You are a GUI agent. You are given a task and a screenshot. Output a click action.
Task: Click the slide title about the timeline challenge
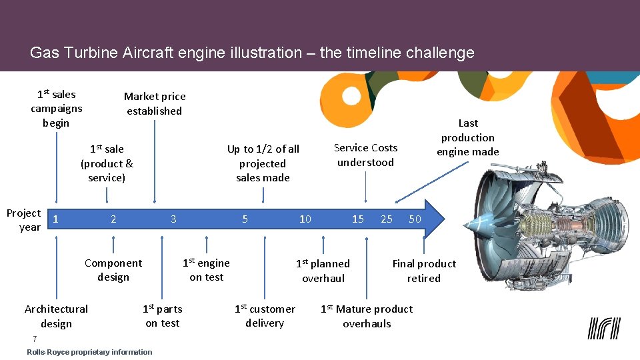tap(252, 53)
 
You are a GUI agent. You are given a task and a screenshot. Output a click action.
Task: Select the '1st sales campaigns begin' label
tap(56, 108)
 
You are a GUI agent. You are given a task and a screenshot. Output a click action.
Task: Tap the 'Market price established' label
tap(155, 104)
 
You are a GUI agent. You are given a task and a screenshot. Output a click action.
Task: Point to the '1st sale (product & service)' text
tap(107, 163)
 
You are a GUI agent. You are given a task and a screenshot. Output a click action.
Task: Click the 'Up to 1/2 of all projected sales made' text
tap(263, 163)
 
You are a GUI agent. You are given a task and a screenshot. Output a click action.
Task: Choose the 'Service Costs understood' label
tap(365, 155)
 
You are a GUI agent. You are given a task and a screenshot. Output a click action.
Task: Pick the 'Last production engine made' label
tap(467, 137)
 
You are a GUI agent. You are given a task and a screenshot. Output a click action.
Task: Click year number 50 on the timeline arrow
tap(415, 219)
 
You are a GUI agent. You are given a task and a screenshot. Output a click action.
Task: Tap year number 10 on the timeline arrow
tap(305, 219)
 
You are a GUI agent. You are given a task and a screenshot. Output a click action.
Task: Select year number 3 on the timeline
tap(173, 219)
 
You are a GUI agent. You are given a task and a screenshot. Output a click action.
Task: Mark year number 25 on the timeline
tap(387, 219)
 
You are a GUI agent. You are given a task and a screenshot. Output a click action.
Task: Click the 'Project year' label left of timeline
tap(24, 220)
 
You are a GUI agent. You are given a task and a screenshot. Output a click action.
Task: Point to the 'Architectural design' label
tap(56, 316)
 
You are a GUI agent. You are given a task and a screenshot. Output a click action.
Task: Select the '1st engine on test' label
tap(206, 270)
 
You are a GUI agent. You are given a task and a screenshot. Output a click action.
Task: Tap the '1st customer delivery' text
tap(265, 316)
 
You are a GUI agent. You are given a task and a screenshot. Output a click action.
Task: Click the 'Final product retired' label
tap(424, 271)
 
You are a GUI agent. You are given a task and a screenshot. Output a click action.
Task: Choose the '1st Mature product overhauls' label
tap(367, 316)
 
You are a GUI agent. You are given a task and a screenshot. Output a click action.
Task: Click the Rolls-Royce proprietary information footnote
tap(89, 352)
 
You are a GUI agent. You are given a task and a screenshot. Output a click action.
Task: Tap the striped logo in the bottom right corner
tap(604, 328)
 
